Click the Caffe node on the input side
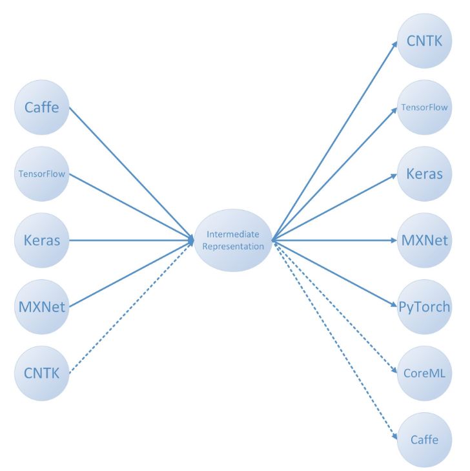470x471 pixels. [x=41, y=107]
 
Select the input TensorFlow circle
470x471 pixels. [x=41, y=174]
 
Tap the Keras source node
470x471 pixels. [x=41, y=240]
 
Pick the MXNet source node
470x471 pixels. [x=41, y=307]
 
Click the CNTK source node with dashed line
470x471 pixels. [x=41, y=373]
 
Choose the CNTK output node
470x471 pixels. [x=424, y=41]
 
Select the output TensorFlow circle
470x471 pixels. [x=424, y=108]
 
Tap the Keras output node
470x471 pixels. [x=424, y=174]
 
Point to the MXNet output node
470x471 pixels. [x=424, y=241]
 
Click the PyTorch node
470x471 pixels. [x=424, y=307]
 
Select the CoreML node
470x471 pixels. [x=424, y=373]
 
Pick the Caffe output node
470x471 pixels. [x=424, y=440]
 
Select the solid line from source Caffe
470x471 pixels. [x=129, y=172]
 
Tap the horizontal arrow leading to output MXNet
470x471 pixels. [x=336, y=240]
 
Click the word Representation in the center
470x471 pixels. [x=233, y=246]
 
